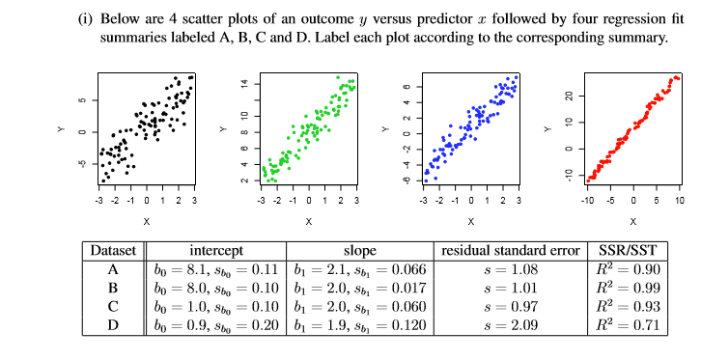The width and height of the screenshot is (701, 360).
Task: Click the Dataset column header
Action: pyautogui.click(x=114, y=250)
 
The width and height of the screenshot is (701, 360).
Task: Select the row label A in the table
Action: pyautogui.click(x=114, y=267)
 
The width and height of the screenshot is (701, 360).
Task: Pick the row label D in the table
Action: pyautogui.click(x=114, y=324)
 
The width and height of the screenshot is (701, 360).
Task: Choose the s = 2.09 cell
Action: pyautogui.click(x=509, y=324)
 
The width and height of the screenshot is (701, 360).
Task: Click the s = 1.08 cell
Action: pyautogui.click(x=509, y=267)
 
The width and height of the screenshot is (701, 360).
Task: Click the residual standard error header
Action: pyautogui.click(x=509, y=250)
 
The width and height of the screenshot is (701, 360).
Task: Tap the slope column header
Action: pyautogui.click(x=359, y=250)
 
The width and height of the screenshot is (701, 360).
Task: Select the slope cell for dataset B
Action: pyautogui.click(x=359, y=287)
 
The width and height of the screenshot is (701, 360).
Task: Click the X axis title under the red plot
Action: pyautogui.click(x=633, y=220)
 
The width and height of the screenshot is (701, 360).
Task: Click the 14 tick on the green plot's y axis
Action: pyautogui.click(x=244, y=84)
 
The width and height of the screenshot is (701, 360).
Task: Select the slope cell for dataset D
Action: pyautogui.click(x=359, y=324)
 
